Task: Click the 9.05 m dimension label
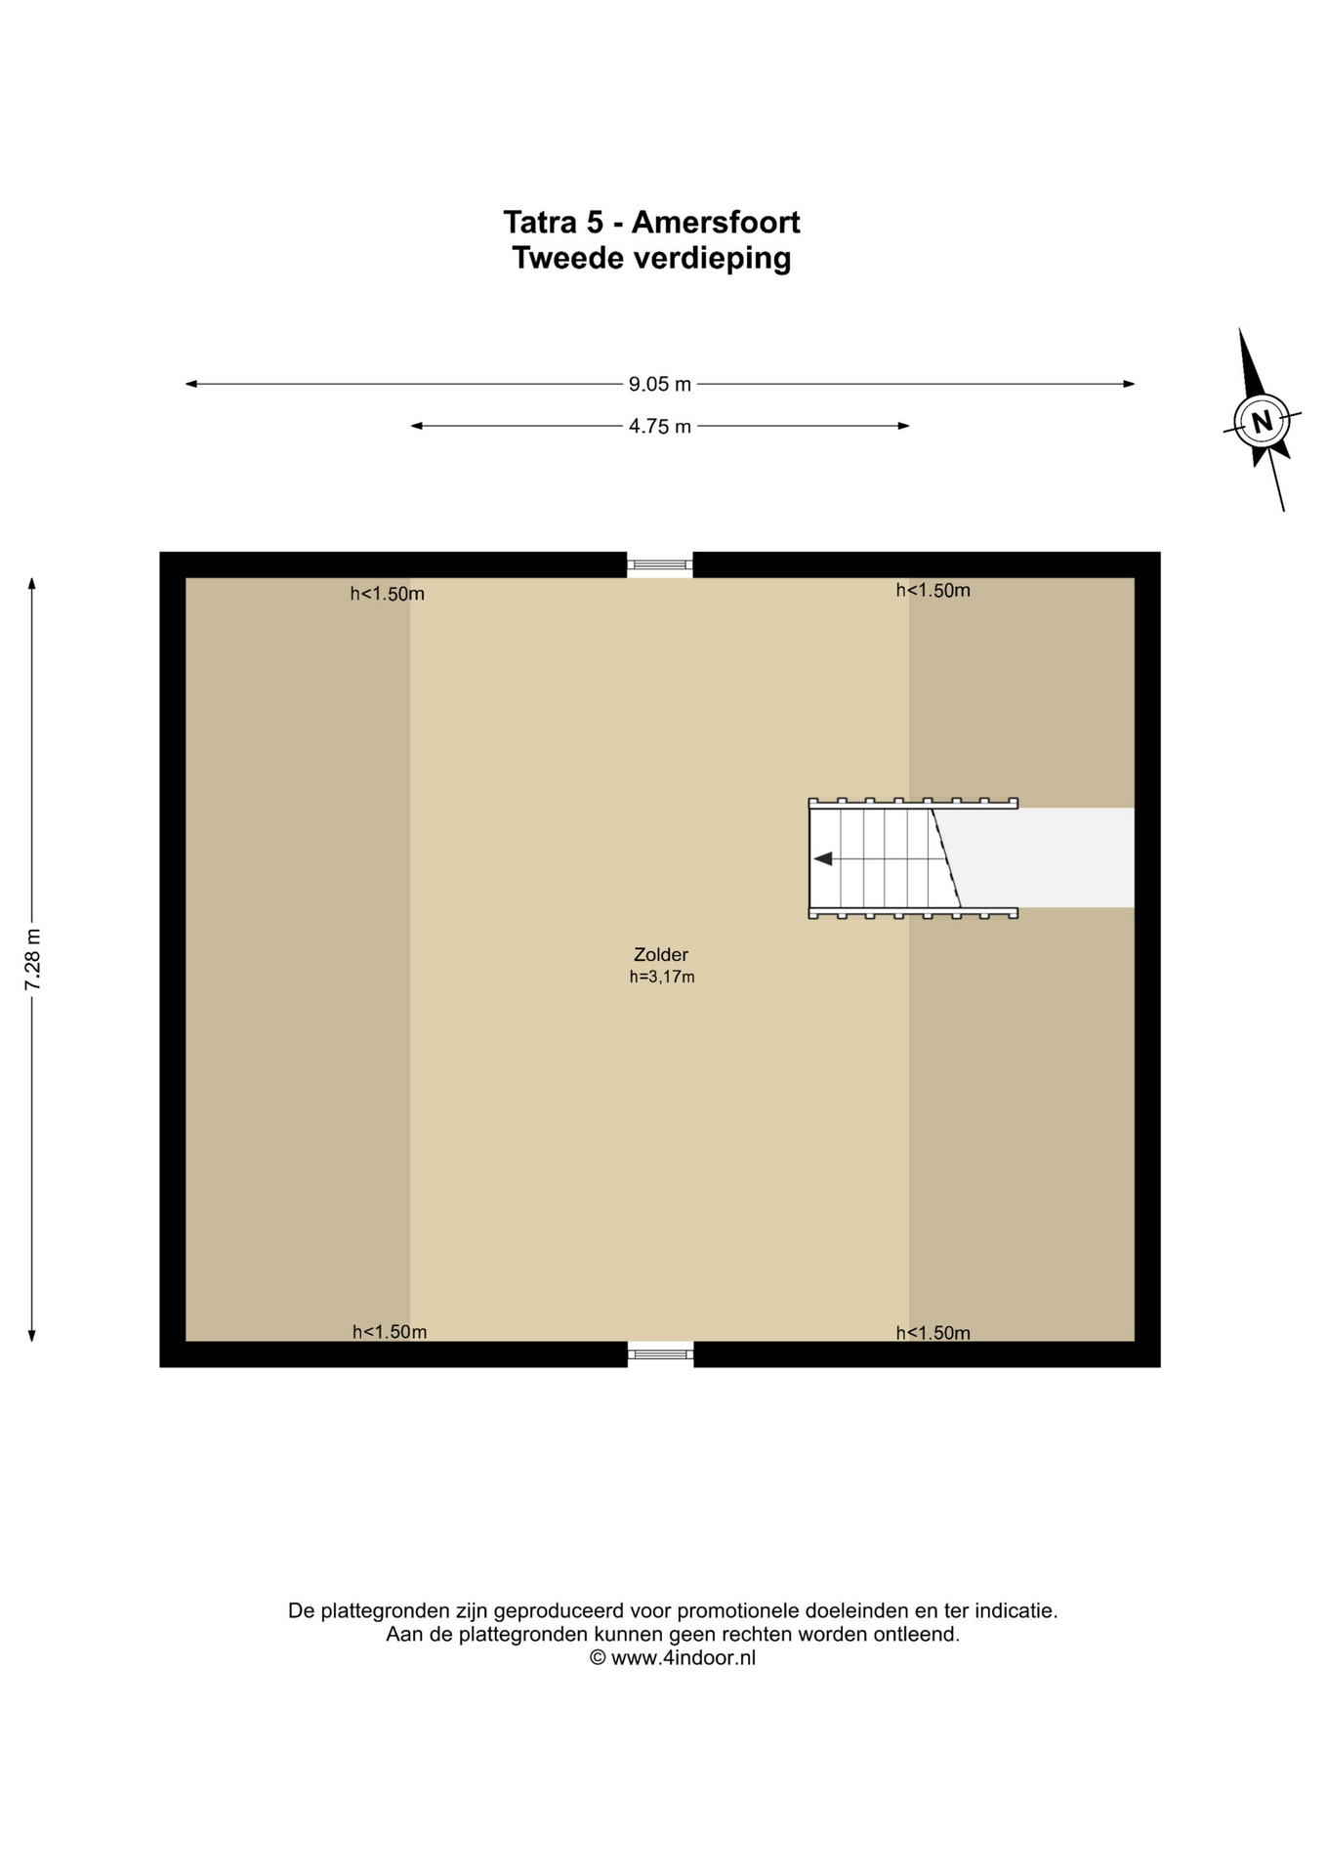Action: (x=660, y=384)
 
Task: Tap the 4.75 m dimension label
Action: (x=660, y=426)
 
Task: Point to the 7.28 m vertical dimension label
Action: (x=32, y=959)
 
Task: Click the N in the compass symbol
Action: (x=1262, y=422)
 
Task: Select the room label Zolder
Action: (x=661, y=955)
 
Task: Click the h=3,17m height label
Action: (x=662, y=977)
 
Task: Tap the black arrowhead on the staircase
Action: (x=823, y=858)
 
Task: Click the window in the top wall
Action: (x=660, y=564)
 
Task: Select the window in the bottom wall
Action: (x=660, y=1354)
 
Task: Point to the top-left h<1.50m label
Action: (x=388, y=594)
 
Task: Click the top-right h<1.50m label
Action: (x=933, y=590)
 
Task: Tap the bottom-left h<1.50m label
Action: (x=390, y=1332)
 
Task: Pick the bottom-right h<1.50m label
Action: (x=933, y=1333)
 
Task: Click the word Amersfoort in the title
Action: (x=716, y=223)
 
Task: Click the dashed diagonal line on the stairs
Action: (x=946, y=857)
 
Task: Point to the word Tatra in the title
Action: (x=540, y=223)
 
